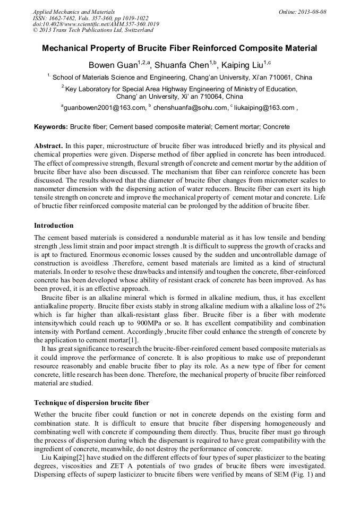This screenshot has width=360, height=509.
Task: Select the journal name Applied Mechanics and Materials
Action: (74, 12)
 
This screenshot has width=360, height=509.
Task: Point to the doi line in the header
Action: (96, 24)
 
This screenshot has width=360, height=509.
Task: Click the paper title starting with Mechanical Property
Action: (179, 48)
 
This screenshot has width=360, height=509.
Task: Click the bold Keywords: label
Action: (51, 127)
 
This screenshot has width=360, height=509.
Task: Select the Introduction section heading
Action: (54, 226)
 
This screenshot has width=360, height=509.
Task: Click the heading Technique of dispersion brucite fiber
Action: (91, 403)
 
